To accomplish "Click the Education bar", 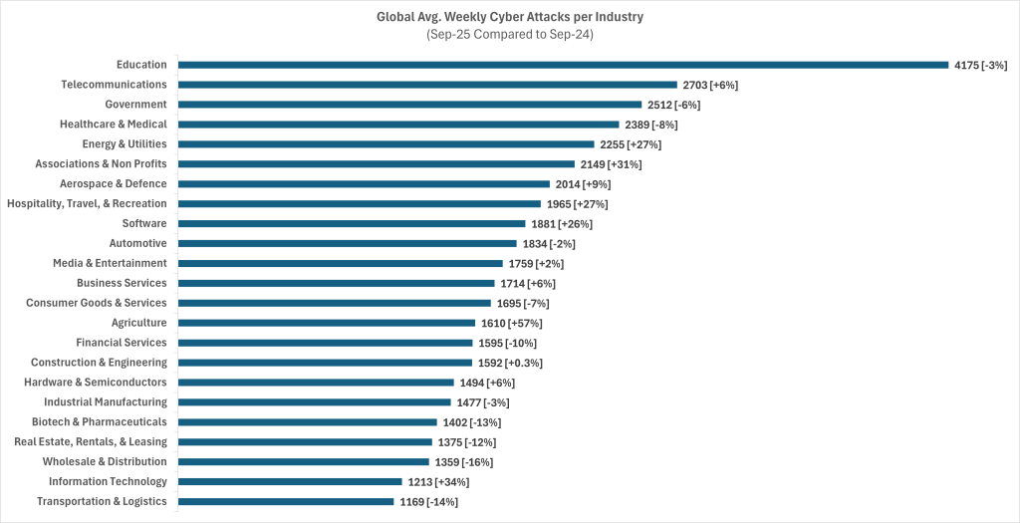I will [x=563, y=65].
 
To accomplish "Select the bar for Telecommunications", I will [x=427, y=85].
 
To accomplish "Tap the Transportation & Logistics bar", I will [x=286, y=501].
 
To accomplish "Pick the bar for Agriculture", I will [x=327, y=323].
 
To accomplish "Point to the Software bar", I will [x=352, y=223].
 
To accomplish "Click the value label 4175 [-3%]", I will [x=980, y=65].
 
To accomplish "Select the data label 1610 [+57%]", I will [x=511, y=323].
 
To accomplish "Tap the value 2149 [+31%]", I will [x=611, y=164].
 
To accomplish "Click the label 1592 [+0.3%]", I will [x=511, y=363].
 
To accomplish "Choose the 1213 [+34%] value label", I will [x=438, y=482].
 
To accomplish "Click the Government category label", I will [x=135, y=105].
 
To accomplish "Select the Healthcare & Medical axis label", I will [x=114, y=125].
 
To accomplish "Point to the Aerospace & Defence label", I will [x=114, y=184].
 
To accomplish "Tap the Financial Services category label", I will [x=122, y=343].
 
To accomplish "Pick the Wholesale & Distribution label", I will [x=105, y=462].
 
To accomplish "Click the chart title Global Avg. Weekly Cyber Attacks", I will [x=510, y=16].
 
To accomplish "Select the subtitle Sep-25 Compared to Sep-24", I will [x=510, y=35].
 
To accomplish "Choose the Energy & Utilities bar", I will [x=385, y=144].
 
